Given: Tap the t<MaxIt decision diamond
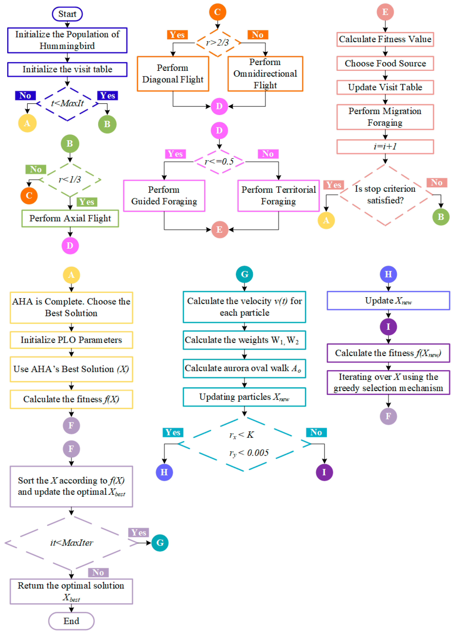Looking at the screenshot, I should pos(67,104).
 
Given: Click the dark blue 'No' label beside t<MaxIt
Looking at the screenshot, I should pos(25,95).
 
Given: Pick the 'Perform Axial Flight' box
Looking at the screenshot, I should pos(70,218).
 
